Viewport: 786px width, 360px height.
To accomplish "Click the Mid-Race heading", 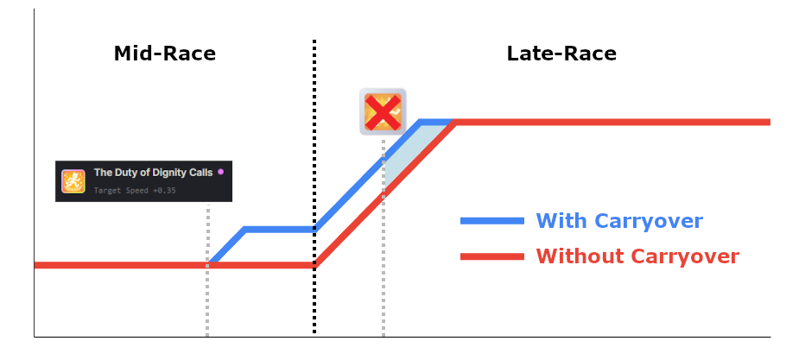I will pos(164,54).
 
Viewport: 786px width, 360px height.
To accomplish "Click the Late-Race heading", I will pos(561,54).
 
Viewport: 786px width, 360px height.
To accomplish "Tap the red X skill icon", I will pos(383,111).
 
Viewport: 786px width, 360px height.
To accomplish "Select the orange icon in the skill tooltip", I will pos(73,181).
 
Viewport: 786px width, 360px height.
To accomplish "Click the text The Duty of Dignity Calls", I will pos(153,173).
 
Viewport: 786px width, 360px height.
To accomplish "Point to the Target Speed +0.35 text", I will pos(134,190).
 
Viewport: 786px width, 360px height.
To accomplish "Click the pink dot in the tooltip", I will pos(220,172).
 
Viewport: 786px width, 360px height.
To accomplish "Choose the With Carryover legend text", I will pos(619,221).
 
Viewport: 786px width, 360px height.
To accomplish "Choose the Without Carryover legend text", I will pos(637,256).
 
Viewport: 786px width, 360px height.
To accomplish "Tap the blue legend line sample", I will pos(492,221).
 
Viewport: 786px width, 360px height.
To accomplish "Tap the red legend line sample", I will pos(492,256).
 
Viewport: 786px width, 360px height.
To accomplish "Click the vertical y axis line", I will pos(34,173).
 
